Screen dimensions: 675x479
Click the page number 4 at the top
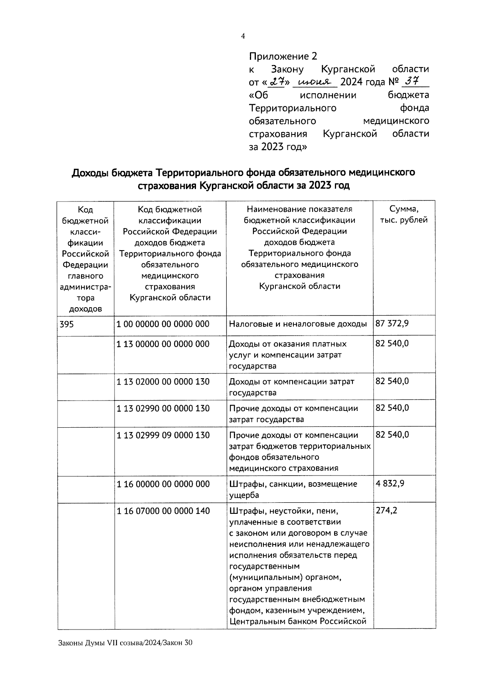point(243,36)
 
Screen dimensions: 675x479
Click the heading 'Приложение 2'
point(283,56)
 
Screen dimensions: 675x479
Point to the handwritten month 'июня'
point(315,82)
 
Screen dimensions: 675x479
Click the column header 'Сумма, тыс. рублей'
point(404,215)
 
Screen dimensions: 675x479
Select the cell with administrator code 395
point(67,324)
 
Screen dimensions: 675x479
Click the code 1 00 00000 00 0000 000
point(163,324)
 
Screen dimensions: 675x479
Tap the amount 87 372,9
point(392,323)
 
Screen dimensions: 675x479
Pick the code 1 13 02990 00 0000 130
point(163,409)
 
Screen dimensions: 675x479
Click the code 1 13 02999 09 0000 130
point(163,435)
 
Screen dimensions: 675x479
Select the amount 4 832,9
point(390,484)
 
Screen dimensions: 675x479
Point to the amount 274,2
point(386,510)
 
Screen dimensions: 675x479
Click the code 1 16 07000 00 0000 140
point(163,511)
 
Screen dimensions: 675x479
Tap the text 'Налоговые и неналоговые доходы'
point(298,324)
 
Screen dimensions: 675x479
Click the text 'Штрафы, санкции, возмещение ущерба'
point(293,489)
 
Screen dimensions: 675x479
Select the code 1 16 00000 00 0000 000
point(163,484)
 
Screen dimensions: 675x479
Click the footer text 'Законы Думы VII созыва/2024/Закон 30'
point(125,654)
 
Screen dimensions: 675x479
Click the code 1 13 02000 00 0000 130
point(163,382)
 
